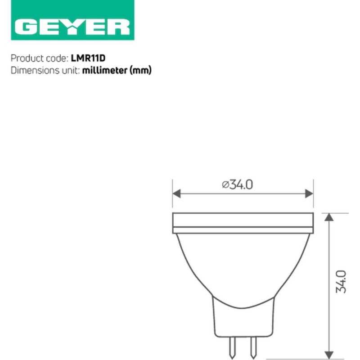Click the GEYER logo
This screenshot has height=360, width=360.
click(72, 20)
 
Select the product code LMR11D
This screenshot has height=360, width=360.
click(88, 58)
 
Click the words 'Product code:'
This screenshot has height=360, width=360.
click(40, 58)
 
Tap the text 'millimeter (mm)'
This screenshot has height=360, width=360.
click(117, 70)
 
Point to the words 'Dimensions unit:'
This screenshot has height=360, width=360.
click(45, 70)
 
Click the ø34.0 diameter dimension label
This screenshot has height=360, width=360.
click(238, 184)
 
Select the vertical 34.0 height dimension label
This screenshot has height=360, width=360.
click(341, 282)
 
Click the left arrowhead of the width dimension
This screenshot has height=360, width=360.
click(176, 193)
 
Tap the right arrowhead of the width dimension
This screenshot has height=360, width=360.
click(309, 193)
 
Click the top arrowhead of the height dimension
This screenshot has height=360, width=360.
click(329, 217)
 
